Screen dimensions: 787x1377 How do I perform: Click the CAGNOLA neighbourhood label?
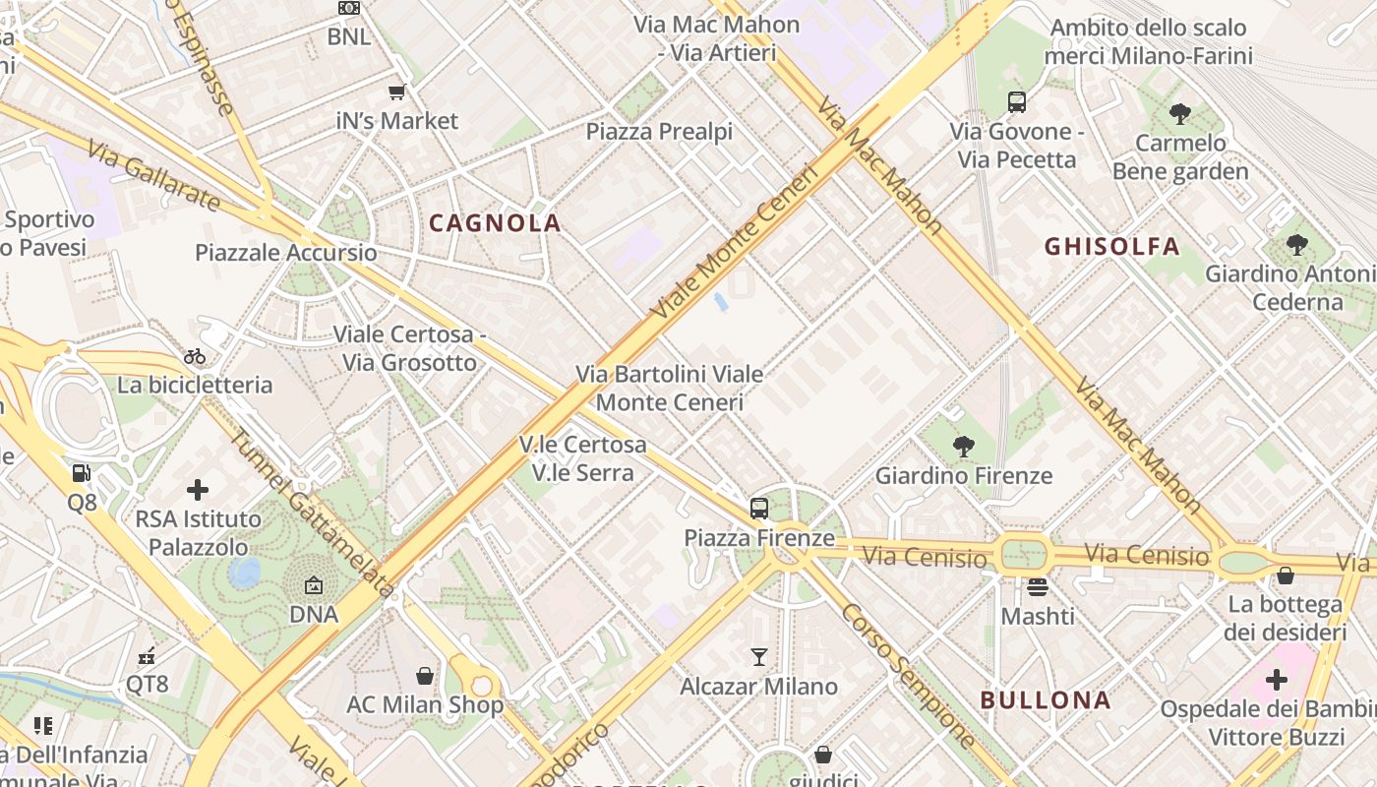495,223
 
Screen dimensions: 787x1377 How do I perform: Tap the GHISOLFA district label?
1111,246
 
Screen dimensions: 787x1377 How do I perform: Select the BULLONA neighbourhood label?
1046,700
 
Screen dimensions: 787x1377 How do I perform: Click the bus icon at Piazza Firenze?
759,508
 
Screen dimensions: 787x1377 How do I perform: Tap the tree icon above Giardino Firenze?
964,447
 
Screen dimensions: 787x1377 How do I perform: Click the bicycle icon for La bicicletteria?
195,356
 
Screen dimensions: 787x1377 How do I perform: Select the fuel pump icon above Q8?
82,472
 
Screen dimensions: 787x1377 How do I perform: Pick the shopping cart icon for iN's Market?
397,91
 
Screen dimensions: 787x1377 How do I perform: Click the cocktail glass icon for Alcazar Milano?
758,656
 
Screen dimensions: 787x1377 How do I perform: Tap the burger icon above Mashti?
1038,587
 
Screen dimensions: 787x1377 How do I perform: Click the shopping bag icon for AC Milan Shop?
425,676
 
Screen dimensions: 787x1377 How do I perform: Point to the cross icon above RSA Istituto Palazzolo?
198,489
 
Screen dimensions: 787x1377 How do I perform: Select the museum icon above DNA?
314,585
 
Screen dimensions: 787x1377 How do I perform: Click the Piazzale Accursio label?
285,253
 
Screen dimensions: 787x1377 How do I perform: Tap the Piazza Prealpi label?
659,131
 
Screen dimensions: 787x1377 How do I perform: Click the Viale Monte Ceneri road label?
735,241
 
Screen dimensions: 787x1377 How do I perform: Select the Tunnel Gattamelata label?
311,513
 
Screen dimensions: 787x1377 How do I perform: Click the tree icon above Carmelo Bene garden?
1179,114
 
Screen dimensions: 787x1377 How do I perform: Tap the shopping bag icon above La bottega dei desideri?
1285,575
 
